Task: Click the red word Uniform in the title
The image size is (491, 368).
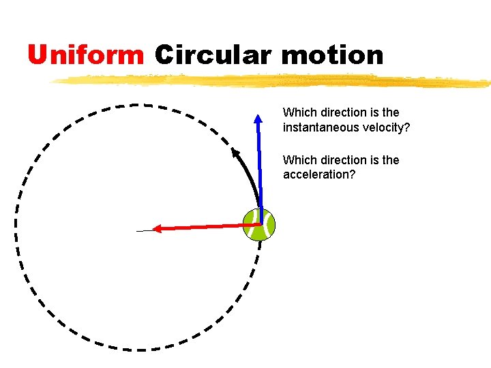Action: point(86,55)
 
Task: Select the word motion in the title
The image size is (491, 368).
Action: point(332,55)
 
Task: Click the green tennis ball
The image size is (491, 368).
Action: point(259,224)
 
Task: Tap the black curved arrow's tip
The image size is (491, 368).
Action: point(235,151)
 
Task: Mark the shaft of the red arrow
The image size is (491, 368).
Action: point(205,227)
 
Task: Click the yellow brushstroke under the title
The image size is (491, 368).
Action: point(273,81)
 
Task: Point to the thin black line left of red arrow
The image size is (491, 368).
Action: point(144,231)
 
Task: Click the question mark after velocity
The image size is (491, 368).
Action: point(407,127)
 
